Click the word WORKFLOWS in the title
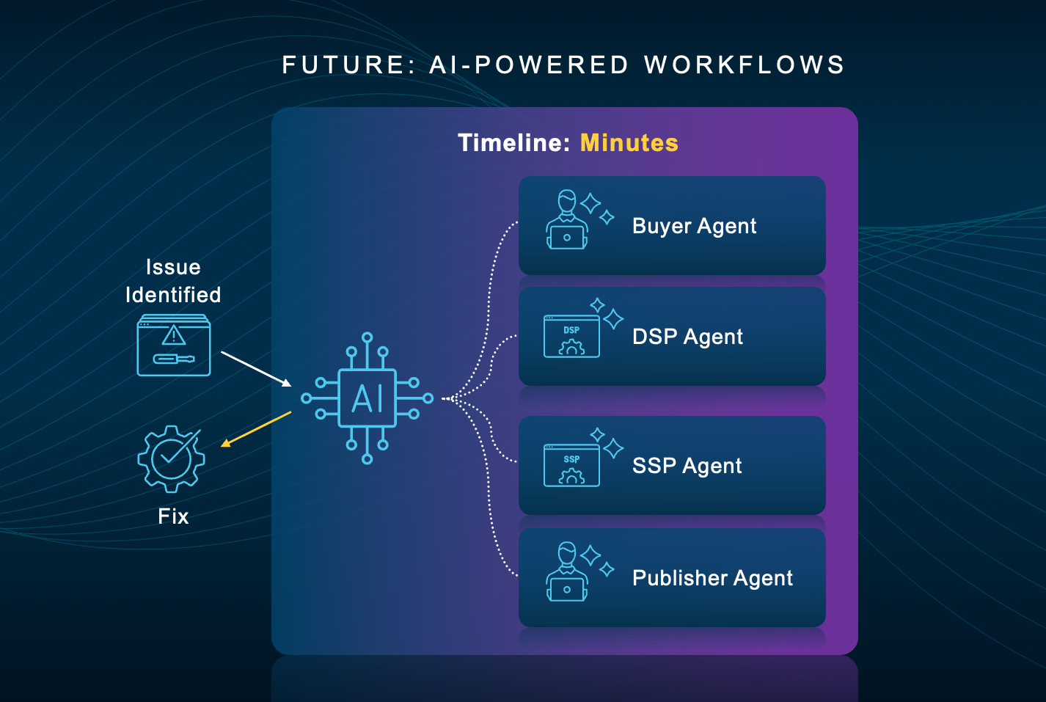[745, 65]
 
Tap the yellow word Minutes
[629, 142]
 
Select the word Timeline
[513, 142]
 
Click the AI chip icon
[367, 398]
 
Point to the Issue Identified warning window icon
[174, 345]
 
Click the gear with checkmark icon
[172, 458]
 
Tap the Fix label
[173, 516]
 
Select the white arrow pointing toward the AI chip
[256, 368]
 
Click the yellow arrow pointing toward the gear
[256, 428]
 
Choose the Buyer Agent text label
[694, 226]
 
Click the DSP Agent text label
[687, 337]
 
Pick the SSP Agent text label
[687, 466]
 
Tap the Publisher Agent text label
[712, 578]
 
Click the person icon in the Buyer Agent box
[567, 220]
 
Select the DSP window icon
[571, 337]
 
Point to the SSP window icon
[571, 466]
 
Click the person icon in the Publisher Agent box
[567, 572]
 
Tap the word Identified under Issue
[173, 295]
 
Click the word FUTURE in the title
[343, 65]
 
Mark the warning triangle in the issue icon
[174, 335]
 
